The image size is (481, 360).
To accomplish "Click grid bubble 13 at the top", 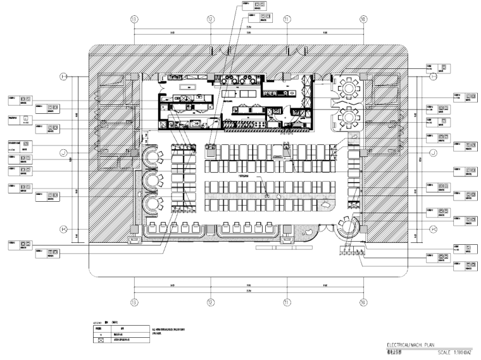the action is point(134,19).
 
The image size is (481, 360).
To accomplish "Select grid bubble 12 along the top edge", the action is point(211,19).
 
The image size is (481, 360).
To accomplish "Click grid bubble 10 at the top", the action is point(363,19).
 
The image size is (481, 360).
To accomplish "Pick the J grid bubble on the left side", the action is point(63,152).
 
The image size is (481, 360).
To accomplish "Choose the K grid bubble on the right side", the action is point(434,228).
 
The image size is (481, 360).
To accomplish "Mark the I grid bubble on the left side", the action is point(63,77).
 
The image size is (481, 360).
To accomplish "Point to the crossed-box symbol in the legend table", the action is point(99,340).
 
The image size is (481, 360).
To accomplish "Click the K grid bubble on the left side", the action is point(63,228).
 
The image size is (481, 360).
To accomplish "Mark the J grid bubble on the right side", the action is point(434,152).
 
